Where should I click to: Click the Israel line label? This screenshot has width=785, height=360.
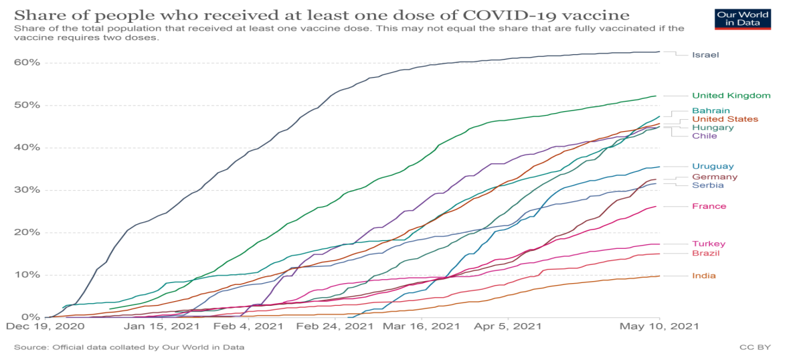coord(705,55)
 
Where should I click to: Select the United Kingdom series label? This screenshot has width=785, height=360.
coord(731,96)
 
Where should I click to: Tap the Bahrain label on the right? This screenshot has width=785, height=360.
coord(711,110)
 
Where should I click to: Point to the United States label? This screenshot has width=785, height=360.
coord(725,119)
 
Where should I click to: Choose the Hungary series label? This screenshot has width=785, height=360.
coord(712,127)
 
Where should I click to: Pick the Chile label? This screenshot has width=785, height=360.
coord(704,136)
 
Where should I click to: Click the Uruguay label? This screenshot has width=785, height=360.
coord(713,166)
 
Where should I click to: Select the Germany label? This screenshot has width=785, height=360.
coord(715,177)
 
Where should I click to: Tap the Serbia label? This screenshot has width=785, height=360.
coord(707,185)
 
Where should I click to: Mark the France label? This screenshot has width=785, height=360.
coord(709,206)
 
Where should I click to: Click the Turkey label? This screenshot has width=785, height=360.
coord(709,244)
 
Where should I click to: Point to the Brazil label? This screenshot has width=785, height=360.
coord(707,254)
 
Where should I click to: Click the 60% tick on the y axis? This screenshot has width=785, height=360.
coord(27,62)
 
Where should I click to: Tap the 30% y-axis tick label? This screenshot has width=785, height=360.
coord(27,190)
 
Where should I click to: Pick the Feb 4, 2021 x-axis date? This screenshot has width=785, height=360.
coord(247,327)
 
